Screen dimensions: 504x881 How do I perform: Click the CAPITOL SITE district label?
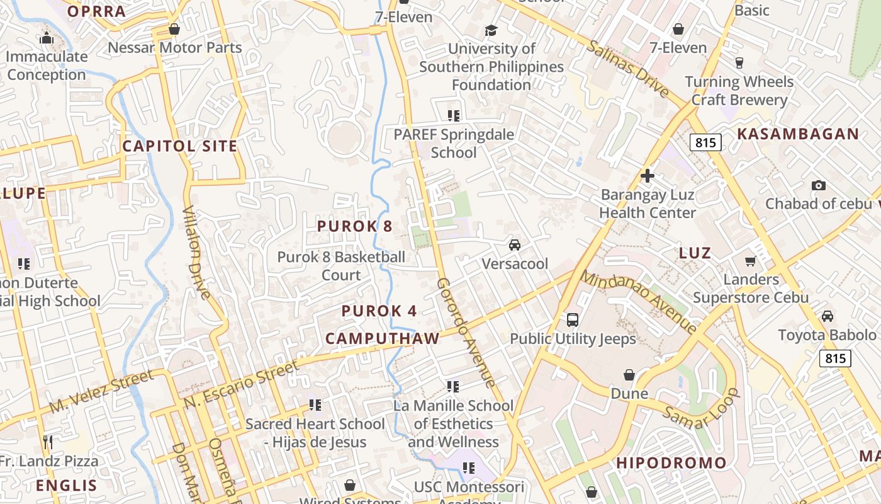pyautogui.click(x=180, y=146)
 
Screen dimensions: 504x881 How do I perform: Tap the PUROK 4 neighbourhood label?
pyautogui.click(x=379, y=311)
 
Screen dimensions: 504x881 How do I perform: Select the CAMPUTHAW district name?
pyautogui.click(x=382, y=338)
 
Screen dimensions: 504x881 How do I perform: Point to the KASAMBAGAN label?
pyautogui.click(x=797, y=134)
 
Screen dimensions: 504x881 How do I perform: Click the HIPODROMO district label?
pyautogui.click(x=671, y=463)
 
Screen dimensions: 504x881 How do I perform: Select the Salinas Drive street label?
pyautogui.click(x=627, y=69)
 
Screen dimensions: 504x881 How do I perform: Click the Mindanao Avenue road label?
pyautogui.click(x=638, y=302)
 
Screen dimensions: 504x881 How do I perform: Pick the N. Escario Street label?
pyautogui.click(x=240, y=384)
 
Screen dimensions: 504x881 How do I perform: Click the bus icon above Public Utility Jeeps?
pyautogui.click(x=573, y=319)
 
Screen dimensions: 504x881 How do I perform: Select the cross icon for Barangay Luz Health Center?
pyautogui.click(x=648, y=176)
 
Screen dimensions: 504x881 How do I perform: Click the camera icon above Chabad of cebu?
pyautogui.click(x=818, y=185)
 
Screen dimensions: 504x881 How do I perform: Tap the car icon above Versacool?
pyautogui.click(x=514, y=245)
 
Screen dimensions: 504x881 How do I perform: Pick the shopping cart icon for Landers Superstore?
pyautogui.click(x=750, y=261)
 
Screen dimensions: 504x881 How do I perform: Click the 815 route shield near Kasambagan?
pyautogui.click(x=705, y=142)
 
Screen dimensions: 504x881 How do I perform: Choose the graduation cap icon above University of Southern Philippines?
pyautogui.click(x=491, y=30)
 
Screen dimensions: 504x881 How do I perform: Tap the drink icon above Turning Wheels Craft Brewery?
pyautogui.click(x=739, y=63)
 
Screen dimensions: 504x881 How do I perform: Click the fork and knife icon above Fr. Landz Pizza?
pyautogui.click(x=47, y=442)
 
